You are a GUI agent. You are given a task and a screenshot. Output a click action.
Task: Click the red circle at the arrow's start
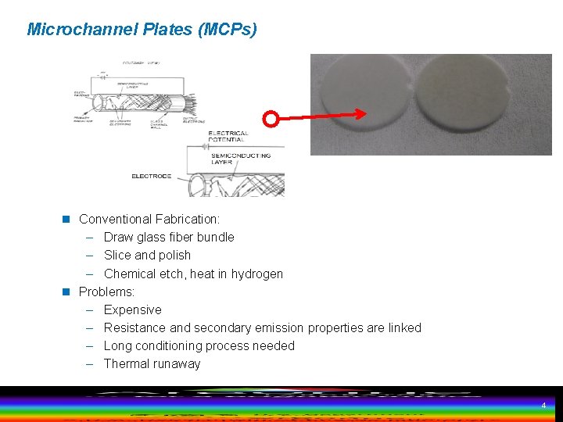pyautogui.click(x=271, y=120)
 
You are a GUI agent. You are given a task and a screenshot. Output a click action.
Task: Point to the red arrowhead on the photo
pyautogui.click(x=360, y=114)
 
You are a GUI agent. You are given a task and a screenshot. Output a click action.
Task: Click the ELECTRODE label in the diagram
pyautogui.click(x=151, y=177)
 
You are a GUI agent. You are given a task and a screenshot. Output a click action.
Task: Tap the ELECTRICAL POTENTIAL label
pyautogui.click(x=228, y=137)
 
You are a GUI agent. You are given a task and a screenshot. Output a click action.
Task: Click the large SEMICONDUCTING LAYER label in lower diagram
pyautogui.click(x=242, y=159)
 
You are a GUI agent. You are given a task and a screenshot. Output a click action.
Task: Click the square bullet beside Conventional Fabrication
pyautogui.click(x=67, y=220)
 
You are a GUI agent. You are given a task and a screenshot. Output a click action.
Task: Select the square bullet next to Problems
pyautogui.click(x=67, y=292)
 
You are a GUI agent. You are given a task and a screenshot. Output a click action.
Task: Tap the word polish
pyautogui.click(x=175, y=256)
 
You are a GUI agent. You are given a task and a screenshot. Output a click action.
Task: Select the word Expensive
pyautogui.click(x=132, y=310)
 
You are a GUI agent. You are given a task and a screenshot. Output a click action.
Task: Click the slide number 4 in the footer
pyautogui.click(x=543, y=406)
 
